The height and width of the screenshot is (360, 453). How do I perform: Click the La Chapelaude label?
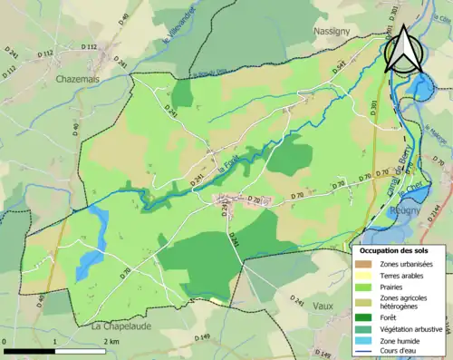[120, 324]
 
